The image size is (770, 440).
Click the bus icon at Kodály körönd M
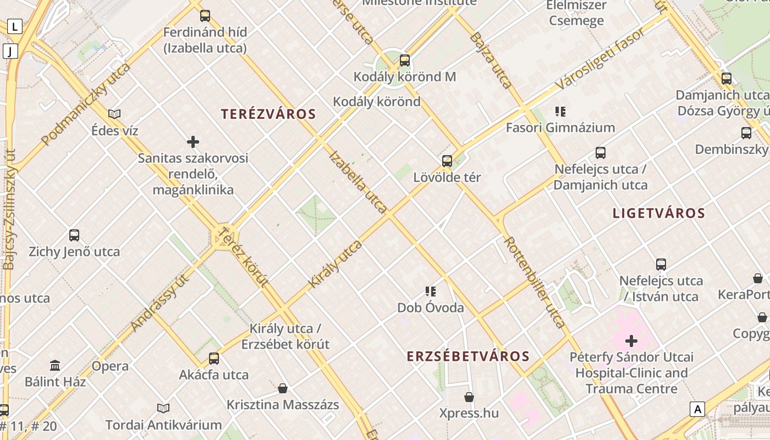point(405,61)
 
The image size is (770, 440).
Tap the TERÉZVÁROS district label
point(268,114)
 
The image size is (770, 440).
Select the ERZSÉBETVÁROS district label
point(468,356)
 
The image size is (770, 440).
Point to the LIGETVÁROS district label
point(659,213)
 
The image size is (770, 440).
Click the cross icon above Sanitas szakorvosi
point(193,142)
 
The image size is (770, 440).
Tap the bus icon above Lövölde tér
point(447,161)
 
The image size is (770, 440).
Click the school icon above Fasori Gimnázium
point(560,112)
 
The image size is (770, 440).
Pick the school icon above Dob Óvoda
point(431,291)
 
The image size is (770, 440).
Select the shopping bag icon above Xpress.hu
point(469,397)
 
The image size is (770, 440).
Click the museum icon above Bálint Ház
point(55,365)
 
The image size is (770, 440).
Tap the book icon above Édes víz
point(114,114)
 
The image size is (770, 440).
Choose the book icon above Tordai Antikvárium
point(163,408)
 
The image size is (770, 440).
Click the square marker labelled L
point(14,26)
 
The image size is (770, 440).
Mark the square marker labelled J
point(10,52)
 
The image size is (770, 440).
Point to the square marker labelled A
point(697,409)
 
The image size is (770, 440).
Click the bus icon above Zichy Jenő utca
point(74,235)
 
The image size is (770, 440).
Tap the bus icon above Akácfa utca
point(214,359)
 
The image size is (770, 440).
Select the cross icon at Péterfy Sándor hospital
point(631,341)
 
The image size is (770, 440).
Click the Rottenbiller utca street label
point(534,283)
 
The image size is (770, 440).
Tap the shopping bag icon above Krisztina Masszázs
point(283,389)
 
